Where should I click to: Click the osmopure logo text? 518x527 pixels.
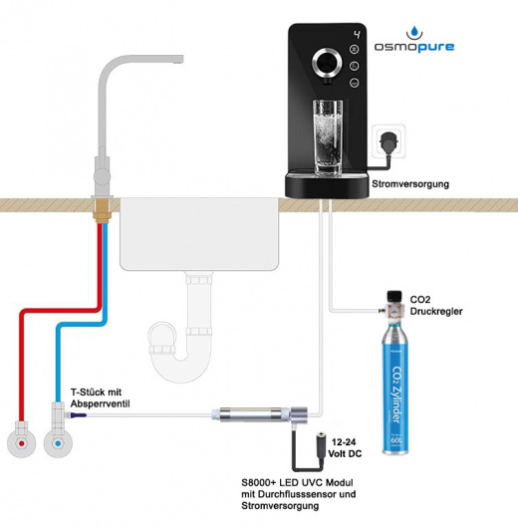click(x=414, y=47)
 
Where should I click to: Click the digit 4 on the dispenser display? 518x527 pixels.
click(x=357, y=34)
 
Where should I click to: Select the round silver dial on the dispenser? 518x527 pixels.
click(x=327, y=63)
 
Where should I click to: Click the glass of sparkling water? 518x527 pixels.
click(x=328, y=137)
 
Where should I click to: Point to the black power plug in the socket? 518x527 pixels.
click(x=388, y=140)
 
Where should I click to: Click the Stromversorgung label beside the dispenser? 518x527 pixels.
click(x=410, y=184)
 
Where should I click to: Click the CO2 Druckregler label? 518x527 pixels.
click(x=436, y=305)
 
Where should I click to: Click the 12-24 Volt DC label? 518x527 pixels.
click(x=345, y=447)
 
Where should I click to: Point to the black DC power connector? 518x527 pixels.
click(x=320, y=447)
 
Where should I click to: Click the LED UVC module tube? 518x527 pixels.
click(x=250, y=414)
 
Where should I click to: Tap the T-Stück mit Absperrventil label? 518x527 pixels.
click(x=100, y=397)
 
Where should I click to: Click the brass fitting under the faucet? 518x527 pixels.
click(x=103, y=211)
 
